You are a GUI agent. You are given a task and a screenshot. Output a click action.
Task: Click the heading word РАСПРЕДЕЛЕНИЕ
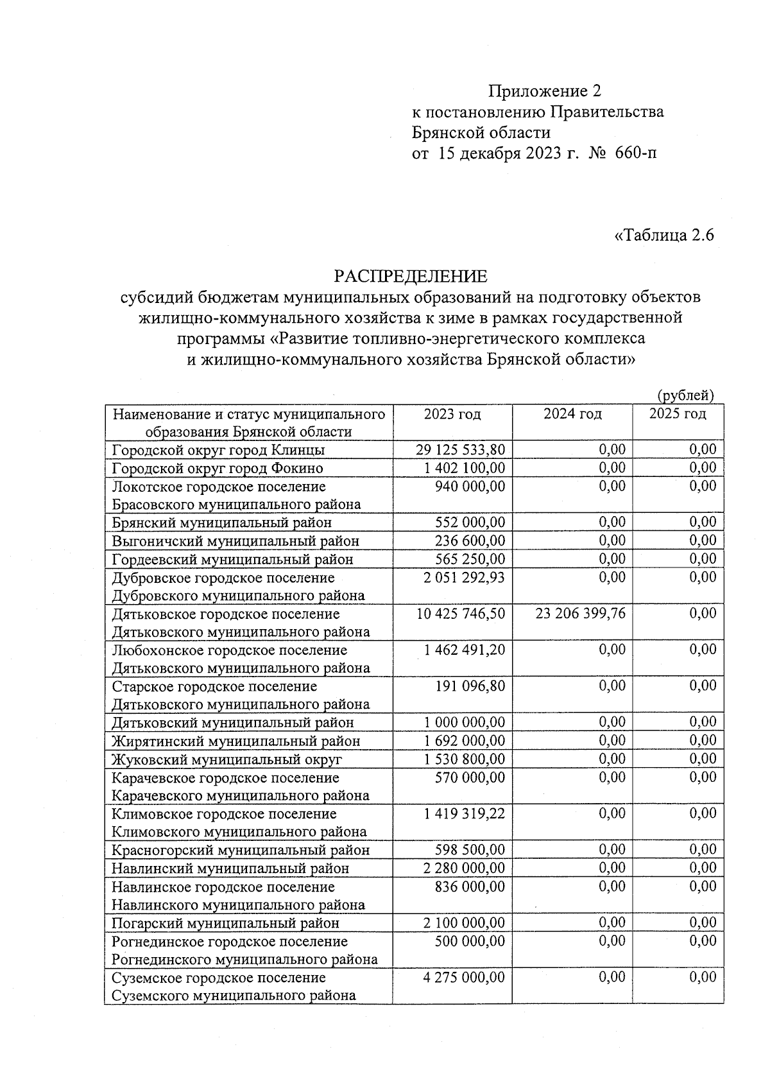[411, 276]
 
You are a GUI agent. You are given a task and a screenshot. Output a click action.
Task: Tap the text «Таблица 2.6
[664, 235]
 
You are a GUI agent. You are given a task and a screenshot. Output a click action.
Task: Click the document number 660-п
[636, 153]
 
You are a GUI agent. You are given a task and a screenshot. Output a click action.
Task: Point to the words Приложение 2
[545, 91]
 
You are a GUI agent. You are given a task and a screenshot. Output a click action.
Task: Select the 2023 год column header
[452, 414]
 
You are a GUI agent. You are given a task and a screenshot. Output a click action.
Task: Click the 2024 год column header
[572, 414]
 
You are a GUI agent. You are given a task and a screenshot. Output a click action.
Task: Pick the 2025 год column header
[678, 414]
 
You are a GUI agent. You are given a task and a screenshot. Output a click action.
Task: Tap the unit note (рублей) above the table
[685, 396]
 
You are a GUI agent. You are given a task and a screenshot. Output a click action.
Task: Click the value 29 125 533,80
[461, 449]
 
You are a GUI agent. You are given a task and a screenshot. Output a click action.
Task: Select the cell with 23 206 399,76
[581, 614]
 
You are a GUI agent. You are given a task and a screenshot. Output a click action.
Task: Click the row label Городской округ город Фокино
[218, 468]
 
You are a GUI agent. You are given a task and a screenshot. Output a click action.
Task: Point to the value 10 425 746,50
[461, 614]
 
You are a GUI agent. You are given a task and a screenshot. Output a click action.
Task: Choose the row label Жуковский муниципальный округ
[227, 759]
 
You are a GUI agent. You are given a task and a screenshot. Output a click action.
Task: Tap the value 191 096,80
[470, 686]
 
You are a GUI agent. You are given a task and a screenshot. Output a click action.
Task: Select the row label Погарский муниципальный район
[225, 923]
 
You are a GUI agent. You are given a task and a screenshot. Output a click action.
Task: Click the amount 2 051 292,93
[464, 577]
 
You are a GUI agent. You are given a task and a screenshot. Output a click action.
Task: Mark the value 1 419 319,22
[464, 813]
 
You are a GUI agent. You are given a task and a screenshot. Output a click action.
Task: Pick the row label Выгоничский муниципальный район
[235, 541]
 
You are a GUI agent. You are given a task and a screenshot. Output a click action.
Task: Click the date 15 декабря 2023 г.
[508, 153]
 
